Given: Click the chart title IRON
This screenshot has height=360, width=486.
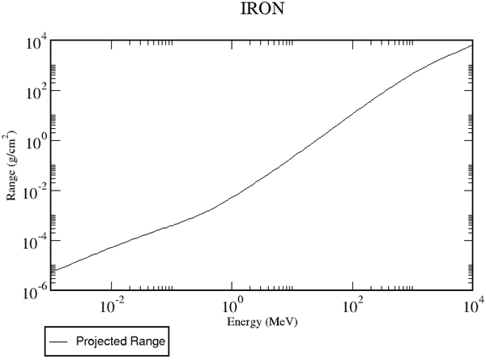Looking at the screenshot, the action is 262,9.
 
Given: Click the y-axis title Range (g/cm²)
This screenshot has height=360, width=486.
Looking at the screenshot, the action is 11,165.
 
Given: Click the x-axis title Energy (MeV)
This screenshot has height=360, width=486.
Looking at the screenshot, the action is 262,322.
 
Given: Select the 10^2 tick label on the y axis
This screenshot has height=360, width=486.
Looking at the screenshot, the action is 35,92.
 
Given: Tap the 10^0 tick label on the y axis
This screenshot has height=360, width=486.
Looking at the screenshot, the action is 35,142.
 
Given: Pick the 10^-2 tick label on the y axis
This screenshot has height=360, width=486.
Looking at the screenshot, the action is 35,192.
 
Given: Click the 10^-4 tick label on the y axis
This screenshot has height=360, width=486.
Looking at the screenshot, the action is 35,242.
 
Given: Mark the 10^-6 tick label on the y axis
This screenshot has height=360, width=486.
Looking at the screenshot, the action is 35,292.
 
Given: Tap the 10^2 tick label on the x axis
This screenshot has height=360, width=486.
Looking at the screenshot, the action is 353,306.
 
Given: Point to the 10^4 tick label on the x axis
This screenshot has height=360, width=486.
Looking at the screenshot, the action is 473,306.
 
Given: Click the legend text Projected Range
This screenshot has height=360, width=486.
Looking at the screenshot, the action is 121,341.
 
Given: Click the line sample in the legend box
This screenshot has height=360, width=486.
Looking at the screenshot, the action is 58,341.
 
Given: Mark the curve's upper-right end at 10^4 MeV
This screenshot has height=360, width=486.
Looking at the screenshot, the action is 472,45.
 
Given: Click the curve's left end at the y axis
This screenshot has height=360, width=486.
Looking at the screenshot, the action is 51,271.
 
